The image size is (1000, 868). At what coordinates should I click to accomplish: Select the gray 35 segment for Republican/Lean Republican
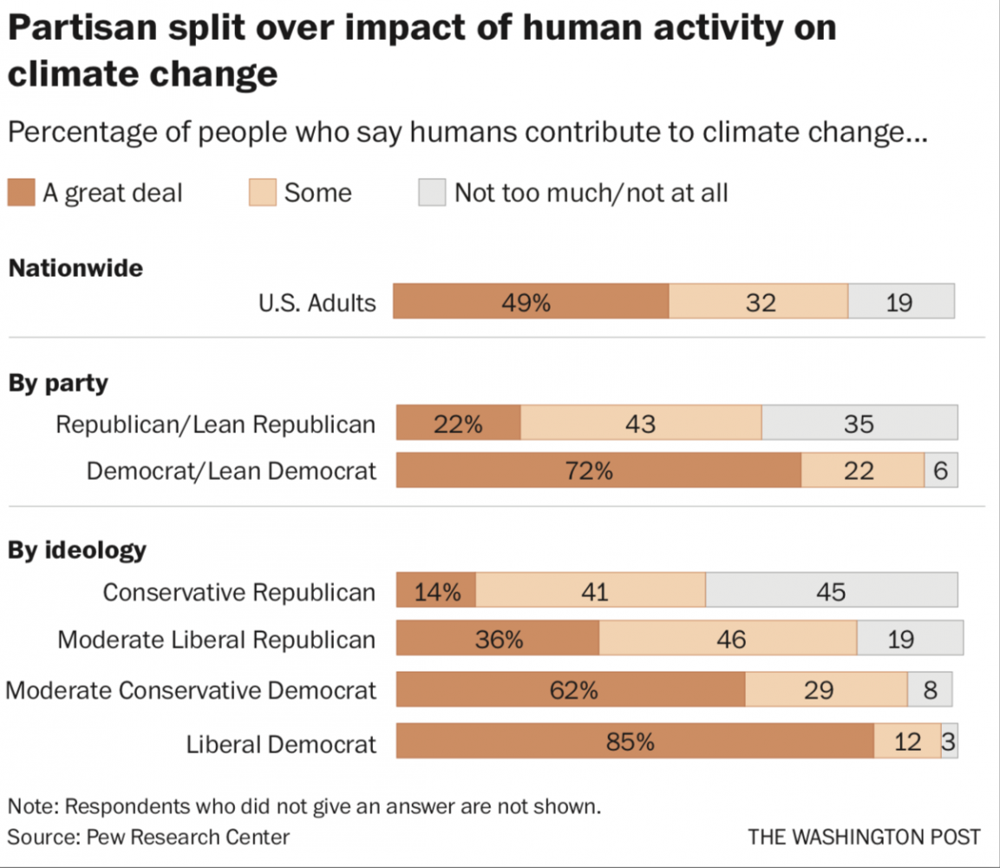click(x=859, y=423)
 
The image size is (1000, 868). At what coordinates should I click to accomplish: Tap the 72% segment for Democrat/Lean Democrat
click(x=598, y=470)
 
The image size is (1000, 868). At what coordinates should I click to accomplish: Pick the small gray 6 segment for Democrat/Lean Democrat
click(x=941, y=470)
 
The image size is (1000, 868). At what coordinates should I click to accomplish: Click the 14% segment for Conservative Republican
click(x=436, y=591)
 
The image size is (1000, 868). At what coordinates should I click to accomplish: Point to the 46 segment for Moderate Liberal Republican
click(x=728, y=639)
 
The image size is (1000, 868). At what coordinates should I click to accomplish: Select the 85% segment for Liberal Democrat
click(x=635, y=742)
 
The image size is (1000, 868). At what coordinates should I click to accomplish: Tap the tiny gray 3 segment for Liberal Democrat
click(x=950, y=742)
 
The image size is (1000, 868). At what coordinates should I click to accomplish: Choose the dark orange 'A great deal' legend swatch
click(x=21, y=192)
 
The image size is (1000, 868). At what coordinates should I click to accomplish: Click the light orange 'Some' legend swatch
click(x=262, y=192)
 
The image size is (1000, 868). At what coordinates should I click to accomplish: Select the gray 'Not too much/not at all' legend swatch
click(x=432, y=192)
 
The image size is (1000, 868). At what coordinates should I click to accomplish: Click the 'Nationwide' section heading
click(x=75, y=268)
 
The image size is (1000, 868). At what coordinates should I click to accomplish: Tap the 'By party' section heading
click(x=58, y=383)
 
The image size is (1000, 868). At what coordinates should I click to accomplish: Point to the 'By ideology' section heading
click(x=77, y=550)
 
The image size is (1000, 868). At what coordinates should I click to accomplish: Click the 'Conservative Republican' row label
click(x=239, y=592)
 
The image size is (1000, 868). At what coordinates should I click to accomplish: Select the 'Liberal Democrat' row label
click(x=282, y=744)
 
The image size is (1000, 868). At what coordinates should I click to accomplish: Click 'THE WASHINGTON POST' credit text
click(x=864, y=837)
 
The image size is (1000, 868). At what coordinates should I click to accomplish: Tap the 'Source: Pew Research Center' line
click(x=148, y=837)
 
